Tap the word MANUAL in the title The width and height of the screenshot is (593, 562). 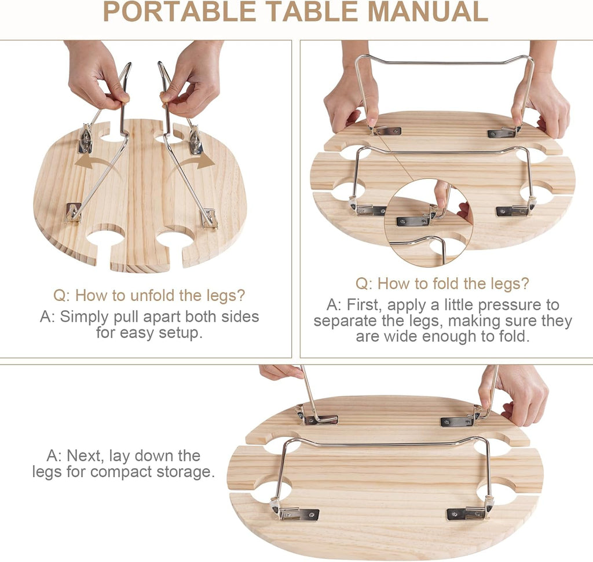coord(428,12)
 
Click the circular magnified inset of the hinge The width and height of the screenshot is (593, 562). coord(428,222)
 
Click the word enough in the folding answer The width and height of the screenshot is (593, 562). coord(449,336)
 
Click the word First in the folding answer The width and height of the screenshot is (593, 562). coord(364,304)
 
